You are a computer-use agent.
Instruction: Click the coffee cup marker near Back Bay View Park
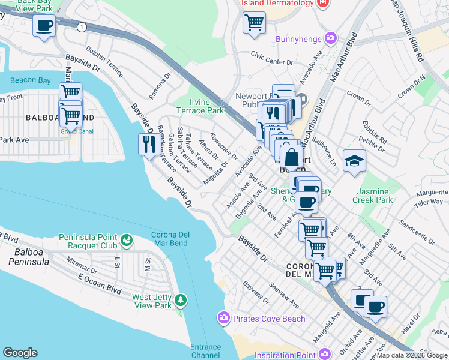(44, 26)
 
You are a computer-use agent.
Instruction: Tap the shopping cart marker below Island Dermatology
(254, 23)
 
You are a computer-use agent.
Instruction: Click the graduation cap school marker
(354, 160)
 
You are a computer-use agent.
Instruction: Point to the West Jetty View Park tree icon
(179, 299)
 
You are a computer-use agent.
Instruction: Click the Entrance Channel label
(206, 351)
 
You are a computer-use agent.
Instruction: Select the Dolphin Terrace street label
(104, 62)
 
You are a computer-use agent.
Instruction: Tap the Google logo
(20, 353)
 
